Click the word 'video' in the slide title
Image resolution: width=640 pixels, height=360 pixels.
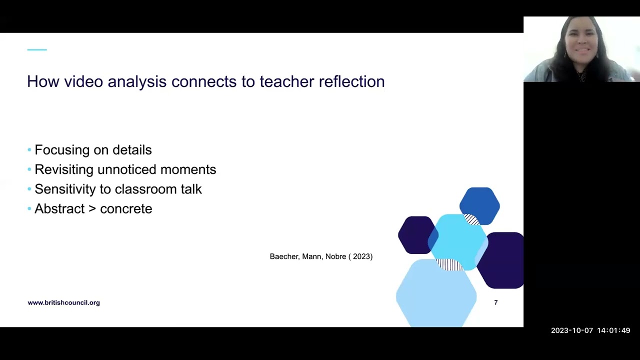click(83, 81)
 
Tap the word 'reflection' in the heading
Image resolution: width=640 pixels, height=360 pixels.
click(351, 81)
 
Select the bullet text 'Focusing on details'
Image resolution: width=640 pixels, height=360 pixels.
click(93, 150)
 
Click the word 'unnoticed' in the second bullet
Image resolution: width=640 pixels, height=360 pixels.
click(127, 169)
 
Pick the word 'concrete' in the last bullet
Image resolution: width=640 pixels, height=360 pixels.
click(126, 209)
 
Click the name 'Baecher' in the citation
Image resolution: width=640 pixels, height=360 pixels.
click(284, 256)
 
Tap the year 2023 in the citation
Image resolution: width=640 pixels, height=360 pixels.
click(362, 256)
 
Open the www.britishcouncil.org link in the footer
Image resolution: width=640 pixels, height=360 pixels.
click(63, 302)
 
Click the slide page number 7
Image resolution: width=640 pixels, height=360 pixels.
click(495, 302)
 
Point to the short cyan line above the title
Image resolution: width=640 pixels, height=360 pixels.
click(37, 50)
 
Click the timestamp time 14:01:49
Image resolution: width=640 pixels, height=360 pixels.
click(613, 330)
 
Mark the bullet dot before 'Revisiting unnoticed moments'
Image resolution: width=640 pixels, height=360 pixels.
click(29, 170)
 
